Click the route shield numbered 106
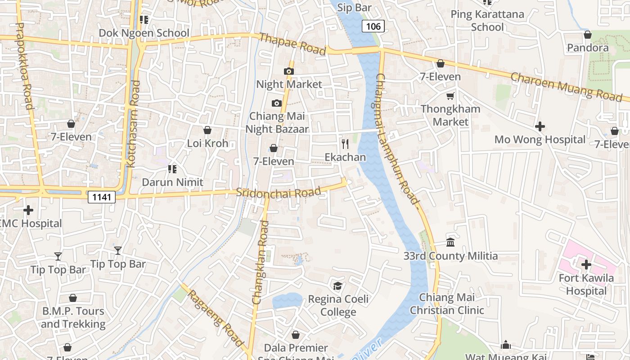pos(373,27)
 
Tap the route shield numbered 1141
pos(101,197)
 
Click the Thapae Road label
pos(292,44)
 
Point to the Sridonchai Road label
pos(279,192)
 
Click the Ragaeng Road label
pos(216,318)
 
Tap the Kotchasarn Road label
pos(134,124)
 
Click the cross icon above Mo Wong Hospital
pos(540,126)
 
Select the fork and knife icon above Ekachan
pos(345,144)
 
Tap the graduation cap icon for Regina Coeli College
pos(337,286)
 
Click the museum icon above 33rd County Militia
pos(450,243)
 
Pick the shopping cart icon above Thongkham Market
pos(450,96)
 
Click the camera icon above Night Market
pos(288,71)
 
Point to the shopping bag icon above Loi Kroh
pos(207,130)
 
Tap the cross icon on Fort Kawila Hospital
pos(586,265)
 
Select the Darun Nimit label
pos(173,182)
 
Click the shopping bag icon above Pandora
pos(587,35)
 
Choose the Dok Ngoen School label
pos(144,33)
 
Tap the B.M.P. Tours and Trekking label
pos(73,317)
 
